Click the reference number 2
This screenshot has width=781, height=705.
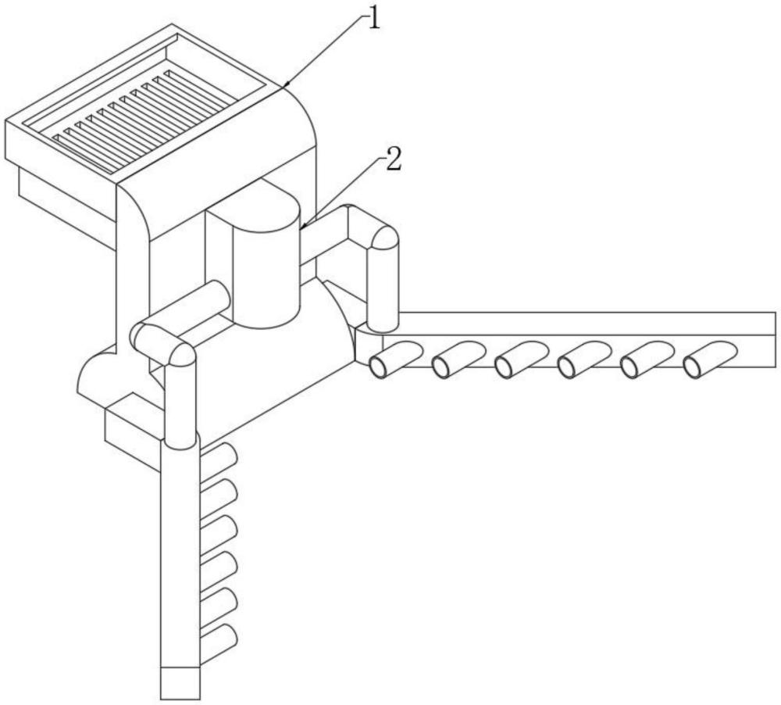(x=394, y=162)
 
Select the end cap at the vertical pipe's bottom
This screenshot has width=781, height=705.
(x=180, y=682)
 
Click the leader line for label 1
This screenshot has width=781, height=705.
(x=328, y=51)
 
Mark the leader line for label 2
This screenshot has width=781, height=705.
(x=344, y=191)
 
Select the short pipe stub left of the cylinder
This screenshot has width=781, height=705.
(x=215, y=299)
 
